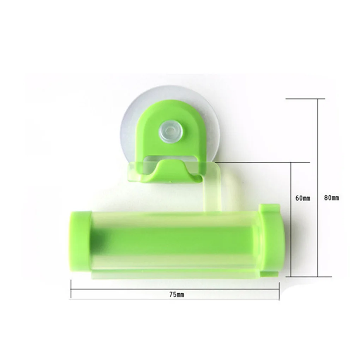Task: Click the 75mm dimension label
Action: pyautogui.click(x=176, y=295)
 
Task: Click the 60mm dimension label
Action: pyautogui.click(x=302, y=198)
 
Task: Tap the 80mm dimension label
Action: pyautogui.click(x=331, y=197)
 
